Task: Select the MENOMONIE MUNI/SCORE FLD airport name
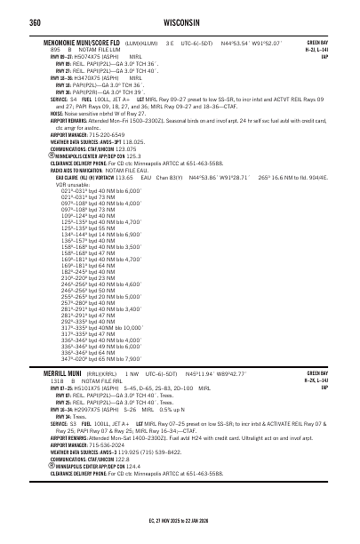tap(91, 42)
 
